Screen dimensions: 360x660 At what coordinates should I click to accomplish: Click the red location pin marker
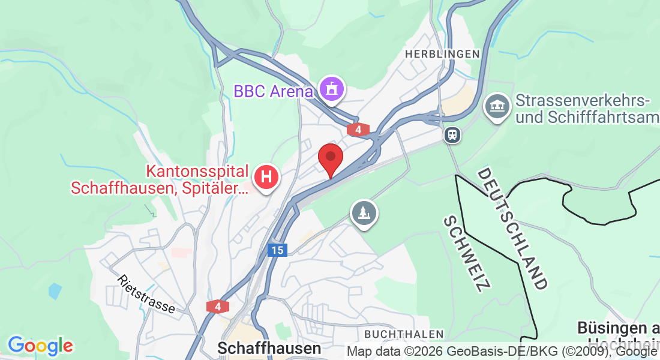[330, 158]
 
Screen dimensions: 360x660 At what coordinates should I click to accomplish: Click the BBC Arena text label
[273, 92]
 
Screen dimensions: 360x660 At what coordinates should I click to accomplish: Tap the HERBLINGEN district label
[442, 54]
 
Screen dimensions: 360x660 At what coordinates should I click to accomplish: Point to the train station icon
[452, 135]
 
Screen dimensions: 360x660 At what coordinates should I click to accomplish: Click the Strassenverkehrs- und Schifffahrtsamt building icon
[496, 106]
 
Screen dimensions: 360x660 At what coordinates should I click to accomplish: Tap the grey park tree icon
[364, 212]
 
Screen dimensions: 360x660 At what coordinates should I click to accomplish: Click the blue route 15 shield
[277, 250]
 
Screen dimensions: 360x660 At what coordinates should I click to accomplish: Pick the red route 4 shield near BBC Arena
[358, 129]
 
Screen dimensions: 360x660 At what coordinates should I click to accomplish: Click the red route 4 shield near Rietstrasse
[218, 307]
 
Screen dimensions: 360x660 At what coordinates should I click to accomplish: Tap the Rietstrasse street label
[146, 295]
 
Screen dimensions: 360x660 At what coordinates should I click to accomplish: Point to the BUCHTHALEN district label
[404, 334]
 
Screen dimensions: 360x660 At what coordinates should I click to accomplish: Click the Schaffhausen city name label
[269, 348]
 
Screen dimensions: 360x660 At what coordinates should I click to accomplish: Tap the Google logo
[40, 346]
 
